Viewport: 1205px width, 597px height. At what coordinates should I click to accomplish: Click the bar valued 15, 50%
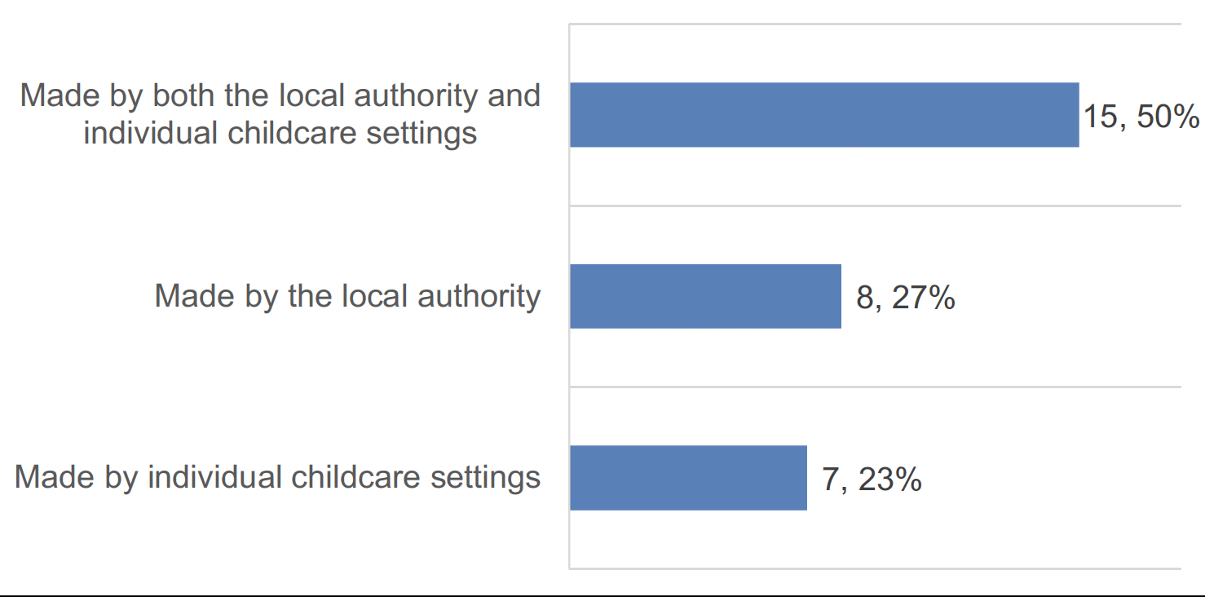tap(823, 115)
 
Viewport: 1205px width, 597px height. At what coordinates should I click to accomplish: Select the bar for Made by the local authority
tap(705, 296)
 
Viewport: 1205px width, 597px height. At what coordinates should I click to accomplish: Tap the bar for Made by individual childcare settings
tap(688, 478)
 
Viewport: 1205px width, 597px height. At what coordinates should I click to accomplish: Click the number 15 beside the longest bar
tap(1099, 117)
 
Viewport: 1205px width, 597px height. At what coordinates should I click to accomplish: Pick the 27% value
tap(923, 298)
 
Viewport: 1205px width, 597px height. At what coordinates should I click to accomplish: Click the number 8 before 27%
tap(864, 298)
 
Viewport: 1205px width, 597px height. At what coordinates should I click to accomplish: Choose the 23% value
tap(889, 480)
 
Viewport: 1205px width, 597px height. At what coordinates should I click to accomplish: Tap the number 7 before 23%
tap(830, 480)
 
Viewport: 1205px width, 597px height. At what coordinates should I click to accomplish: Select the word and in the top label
tap(514, 95)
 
